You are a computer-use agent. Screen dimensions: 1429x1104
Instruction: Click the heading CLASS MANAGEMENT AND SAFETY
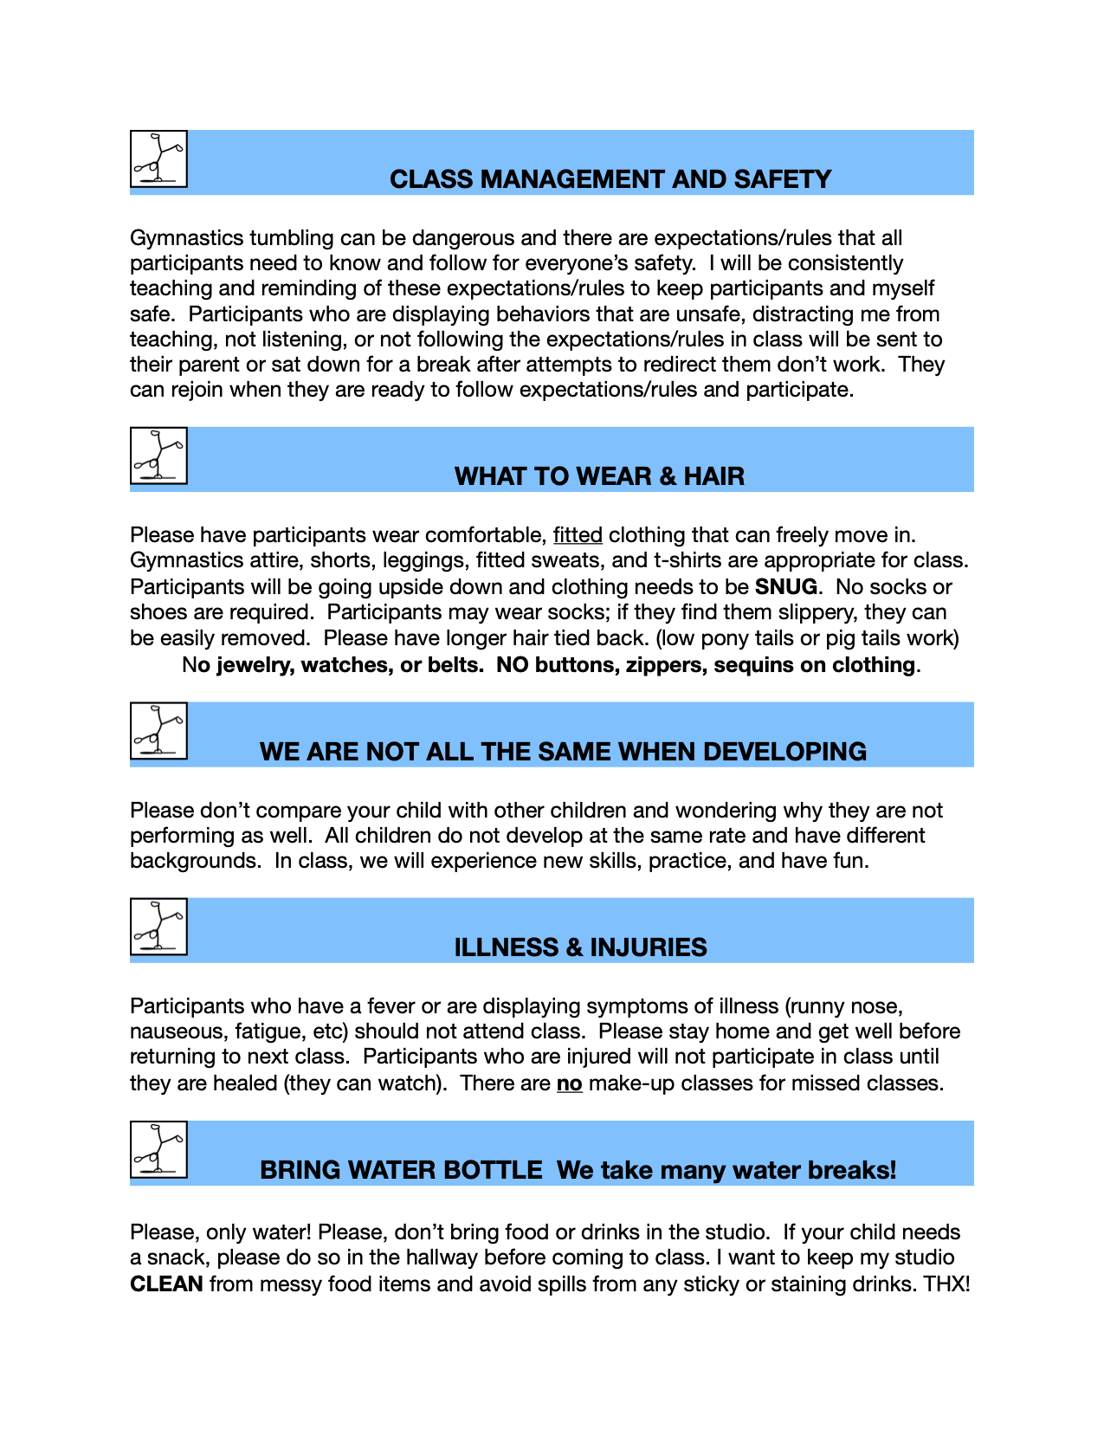pos(610,179)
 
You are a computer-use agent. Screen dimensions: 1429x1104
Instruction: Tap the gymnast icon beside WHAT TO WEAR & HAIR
pos(158,456)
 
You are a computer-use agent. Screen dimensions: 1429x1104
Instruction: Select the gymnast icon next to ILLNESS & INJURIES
pos(158,927)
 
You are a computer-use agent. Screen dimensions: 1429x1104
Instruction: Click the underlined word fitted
pos(578,535)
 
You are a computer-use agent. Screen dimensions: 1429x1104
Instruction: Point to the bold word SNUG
pos(785,586)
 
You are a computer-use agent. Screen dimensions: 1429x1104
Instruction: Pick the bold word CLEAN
pos(166,1284)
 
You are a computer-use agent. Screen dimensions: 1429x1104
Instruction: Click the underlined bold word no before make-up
pos(569,1083)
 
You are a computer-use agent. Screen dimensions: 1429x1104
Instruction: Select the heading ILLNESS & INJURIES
pos(580,947)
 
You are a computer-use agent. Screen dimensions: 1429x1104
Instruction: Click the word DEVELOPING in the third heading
pos(786,752)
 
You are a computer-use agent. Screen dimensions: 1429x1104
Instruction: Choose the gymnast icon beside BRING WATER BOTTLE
pos(158,1149)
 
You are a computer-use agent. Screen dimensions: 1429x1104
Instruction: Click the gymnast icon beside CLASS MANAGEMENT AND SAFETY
pos(158,158)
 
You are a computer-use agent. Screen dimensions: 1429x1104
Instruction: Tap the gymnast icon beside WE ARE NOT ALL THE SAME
pos(158,731)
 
